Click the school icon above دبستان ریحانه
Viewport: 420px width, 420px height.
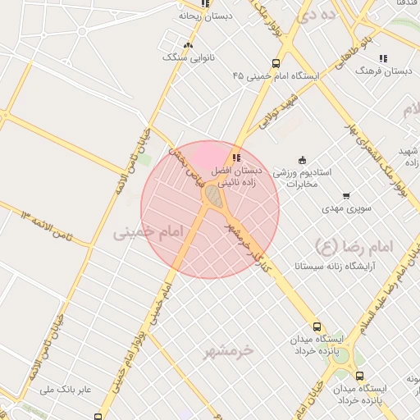click(204, 4)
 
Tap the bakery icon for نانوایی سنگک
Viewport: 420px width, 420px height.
click(189, 46)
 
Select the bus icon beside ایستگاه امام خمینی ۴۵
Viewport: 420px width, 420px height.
click(276, 62)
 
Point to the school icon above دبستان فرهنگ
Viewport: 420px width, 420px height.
click(382, 58)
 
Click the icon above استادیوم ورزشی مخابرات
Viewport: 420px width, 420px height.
click(302, 159)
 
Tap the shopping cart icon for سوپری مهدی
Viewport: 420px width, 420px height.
click(346, 196)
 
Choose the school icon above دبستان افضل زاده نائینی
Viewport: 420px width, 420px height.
click(236, 157)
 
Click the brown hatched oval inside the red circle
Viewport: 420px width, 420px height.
click(212, 195)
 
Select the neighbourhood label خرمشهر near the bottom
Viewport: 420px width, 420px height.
click(229, 350)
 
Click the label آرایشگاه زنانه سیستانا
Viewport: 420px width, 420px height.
click(327, 267)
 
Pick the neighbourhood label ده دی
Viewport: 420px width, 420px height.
click(317, 14)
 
